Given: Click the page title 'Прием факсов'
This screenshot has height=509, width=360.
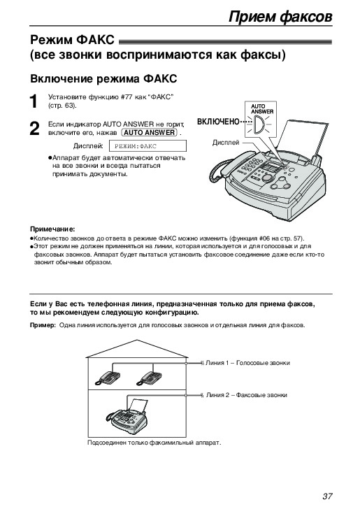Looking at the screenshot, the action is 280,16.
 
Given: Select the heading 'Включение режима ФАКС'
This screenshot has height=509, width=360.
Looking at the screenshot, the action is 103,78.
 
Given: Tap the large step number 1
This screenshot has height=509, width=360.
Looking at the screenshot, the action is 34,101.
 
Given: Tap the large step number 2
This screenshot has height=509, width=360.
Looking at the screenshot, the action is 34,129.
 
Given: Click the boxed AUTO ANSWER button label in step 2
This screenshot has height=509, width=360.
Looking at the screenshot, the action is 150,132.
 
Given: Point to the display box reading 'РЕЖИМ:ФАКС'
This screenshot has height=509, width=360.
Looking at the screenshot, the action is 147,146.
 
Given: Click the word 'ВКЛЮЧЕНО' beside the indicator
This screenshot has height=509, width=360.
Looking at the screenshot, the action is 218,122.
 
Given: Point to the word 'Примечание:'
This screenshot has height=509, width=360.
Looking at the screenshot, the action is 52,229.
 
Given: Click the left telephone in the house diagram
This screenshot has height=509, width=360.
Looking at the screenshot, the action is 108,378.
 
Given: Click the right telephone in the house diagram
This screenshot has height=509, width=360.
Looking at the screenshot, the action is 149,378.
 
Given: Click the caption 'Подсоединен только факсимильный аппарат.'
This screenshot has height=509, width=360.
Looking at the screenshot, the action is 154,443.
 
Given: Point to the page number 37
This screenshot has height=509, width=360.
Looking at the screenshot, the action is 327,496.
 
